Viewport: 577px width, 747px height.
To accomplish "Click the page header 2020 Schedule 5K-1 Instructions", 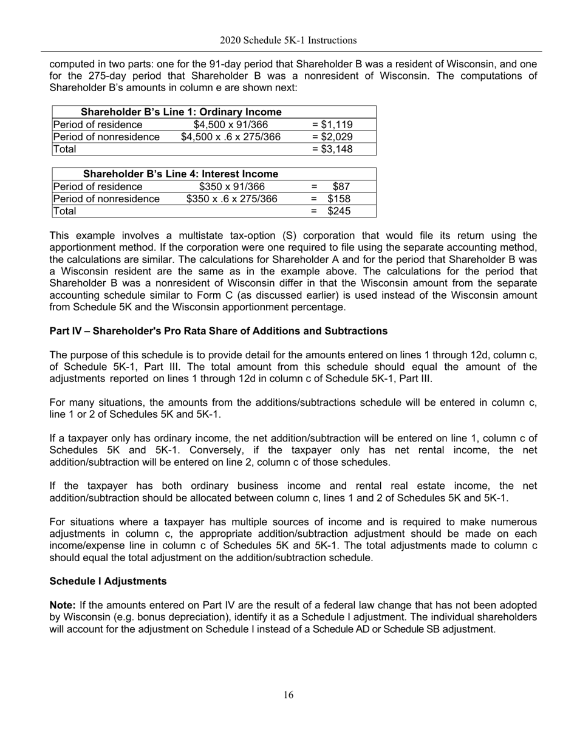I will [288, 41].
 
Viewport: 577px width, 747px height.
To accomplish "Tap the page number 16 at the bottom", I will [288, 695].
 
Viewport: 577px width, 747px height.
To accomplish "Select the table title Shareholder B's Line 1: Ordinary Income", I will [181, 112].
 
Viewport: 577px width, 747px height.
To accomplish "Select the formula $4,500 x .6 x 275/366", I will [231, 137].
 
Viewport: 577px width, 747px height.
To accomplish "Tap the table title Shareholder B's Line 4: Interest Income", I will [176, 175].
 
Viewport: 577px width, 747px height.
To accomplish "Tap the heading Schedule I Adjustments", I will [108, 581].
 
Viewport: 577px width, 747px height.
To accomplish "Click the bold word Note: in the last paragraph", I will [63, 605].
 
